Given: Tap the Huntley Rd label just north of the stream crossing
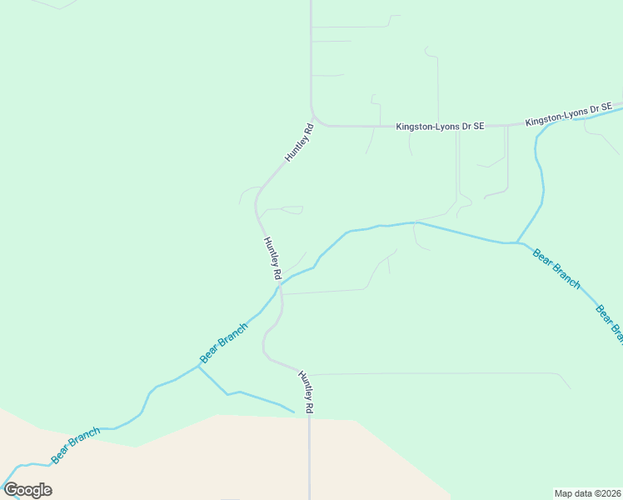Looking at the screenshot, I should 272,257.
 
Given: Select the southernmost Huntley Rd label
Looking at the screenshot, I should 307,392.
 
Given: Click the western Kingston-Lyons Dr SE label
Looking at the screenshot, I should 440,127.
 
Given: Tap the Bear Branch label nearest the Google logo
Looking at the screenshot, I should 76,445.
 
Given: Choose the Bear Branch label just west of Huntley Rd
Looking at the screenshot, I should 223,342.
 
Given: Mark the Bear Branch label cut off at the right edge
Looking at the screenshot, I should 609,323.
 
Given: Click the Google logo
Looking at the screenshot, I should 27,490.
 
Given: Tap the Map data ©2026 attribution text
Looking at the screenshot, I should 587,492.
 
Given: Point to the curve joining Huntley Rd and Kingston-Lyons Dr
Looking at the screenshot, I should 316,120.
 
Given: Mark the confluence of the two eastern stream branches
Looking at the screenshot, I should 517,242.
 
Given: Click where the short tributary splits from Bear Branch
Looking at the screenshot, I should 199,365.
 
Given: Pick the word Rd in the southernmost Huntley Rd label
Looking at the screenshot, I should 310,406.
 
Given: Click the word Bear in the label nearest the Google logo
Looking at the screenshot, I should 61,455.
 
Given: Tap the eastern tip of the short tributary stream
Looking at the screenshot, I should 294,412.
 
